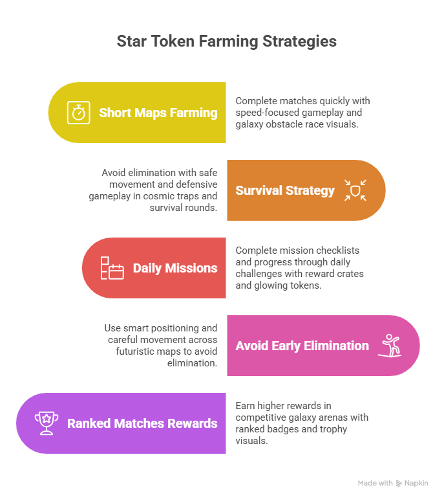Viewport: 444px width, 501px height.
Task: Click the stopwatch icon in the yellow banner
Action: tap(78, 113)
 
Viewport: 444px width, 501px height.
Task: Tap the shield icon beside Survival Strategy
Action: tap(355, 190)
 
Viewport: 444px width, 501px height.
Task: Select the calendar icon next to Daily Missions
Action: tap(112, 268)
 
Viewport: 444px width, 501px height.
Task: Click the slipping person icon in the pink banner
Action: tap(390, 346)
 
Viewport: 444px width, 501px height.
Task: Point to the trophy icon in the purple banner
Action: tap(47, 423)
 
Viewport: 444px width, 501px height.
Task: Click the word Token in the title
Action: tap(173, 41)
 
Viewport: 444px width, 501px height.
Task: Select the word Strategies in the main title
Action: tap(299, 42)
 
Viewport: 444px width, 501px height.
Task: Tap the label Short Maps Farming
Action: tap(158, 113)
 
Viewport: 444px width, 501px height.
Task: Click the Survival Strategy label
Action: tap(285, 190)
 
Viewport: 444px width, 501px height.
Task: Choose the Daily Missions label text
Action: tap(175, 268)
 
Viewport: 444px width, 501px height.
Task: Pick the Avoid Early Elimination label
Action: tap(302, 346)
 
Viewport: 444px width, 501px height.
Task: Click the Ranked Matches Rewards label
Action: tap(142, 423)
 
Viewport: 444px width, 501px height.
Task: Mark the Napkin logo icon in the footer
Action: tap(399, 483)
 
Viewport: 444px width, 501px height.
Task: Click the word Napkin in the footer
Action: tap(416, 484)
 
